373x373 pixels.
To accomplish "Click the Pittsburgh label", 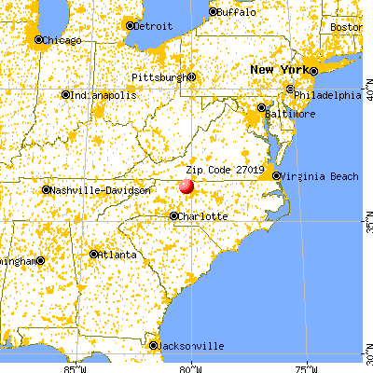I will click(159, 76).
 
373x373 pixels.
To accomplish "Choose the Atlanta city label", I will click(119, 255).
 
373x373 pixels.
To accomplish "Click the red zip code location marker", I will click(186, 186).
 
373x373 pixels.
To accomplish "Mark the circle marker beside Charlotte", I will click(174, 215).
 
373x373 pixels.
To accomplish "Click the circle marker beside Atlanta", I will click(94, 254).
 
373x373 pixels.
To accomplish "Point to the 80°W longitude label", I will click(190, 366).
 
